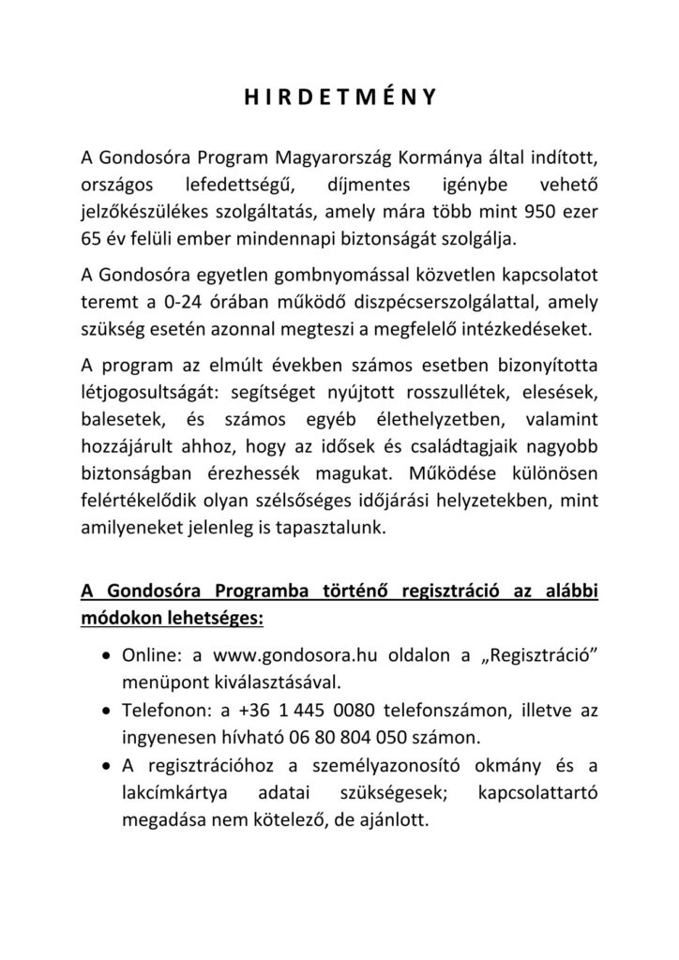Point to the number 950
(x=543, y=212)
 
